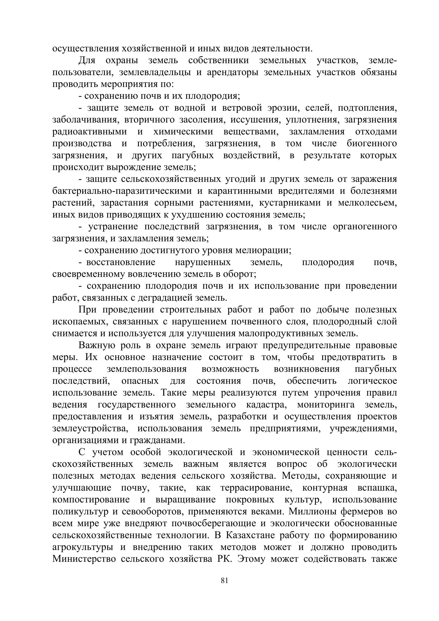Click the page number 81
click(x=225, y=581)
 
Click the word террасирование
click(x=255, y=488)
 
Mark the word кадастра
click(x=266, y=405)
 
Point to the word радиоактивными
click(x=89, y=132)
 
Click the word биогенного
click(x=372, y=143)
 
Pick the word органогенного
click(x=365, y=227)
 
